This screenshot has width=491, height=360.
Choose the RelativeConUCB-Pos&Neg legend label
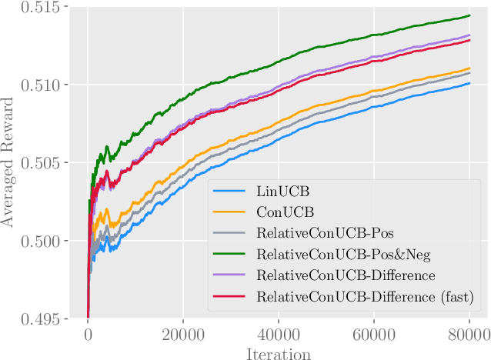pos(332,253)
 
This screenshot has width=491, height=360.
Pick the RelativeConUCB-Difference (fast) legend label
pos(355,296)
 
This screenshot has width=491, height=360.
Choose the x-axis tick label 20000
pos(182,336)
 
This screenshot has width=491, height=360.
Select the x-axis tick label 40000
pos(278,336)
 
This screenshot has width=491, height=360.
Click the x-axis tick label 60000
pos(373,336)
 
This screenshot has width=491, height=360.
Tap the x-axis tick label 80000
pos(468,336)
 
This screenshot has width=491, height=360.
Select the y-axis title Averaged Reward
pos(10,163)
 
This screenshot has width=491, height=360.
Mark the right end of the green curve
pos(469,15)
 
